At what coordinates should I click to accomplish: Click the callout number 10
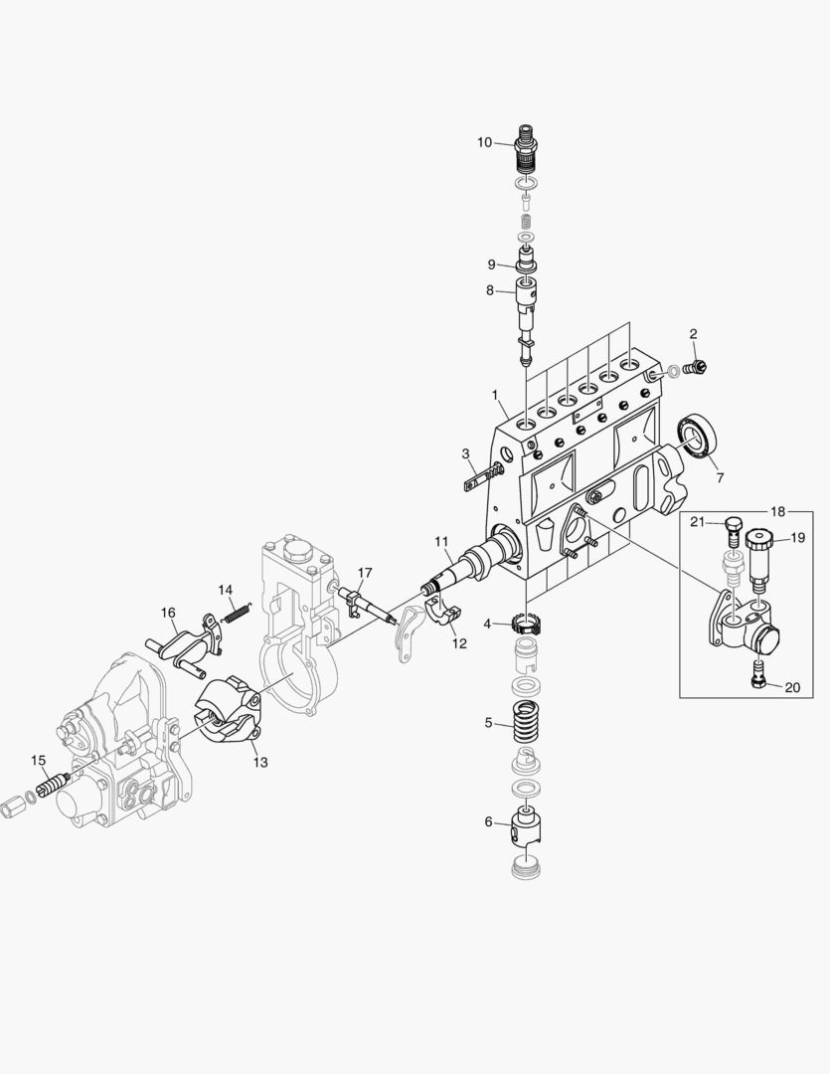click(484, 142)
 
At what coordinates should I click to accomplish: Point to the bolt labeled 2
click(698, 368)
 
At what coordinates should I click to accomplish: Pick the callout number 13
click(259, 763)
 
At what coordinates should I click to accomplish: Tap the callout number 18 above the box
click(776, 511)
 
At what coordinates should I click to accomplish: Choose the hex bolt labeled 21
click(733, 526)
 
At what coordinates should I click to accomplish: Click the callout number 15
click(38, 760)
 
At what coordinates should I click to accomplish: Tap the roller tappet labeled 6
click(527, 825)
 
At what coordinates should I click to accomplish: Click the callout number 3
click(465, 453)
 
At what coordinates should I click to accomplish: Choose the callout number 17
click(365, 573)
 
